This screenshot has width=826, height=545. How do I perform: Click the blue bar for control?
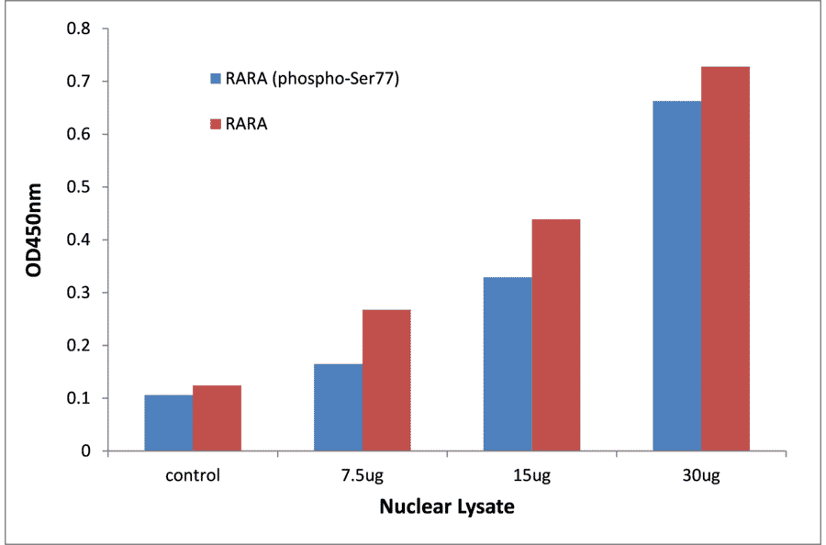click(168, 423)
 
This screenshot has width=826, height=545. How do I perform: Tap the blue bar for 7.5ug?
click(338, 407)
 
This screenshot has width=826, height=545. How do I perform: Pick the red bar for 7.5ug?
click(386, 380)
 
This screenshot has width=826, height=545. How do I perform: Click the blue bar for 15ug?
click(508, 364)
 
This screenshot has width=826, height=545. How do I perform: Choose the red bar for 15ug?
click(556, 335)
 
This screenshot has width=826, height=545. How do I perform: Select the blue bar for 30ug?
click(676, 276)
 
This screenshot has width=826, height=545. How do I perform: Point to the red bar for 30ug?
click(725, 259)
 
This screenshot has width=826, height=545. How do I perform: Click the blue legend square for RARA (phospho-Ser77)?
click(216, 78)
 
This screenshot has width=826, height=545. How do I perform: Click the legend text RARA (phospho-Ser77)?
click(312, 78)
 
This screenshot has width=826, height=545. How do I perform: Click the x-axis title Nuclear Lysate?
click(447, 506)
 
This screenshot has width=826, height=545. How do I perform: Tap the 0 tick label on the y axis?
click(86, 451)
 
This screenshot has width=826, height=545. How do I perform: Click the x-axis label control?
click(193, 475)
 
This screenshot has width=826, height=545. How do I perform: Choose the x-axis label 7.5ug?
click(362, 475)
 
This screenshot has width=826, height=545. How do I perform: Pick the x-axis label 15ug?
click(531, 475)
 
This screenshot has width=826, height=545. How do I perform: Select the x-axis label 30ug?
click(701, 475)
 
